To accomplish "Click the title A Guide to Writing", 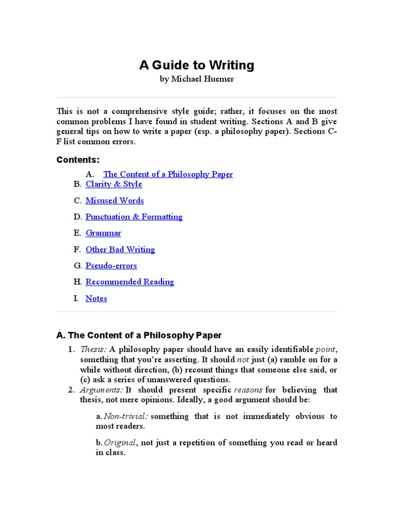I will pyautogui.click(x=196, y=65).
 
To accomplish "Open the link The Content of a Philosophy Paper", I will pyautogui.click(x=168, y=174).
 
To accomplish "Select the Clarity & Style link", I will pyautogui.click(x=114, y=184).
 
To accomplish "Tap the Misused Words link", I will pyautogui.click(x=114, y=200).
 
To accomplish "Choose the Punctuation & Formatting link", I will pyautogui.click(x=134, y=217).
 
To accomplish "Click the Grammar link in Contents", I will pyautogui.click(x=103, y=233).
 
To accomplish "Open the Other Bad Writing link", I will pyautogui.click(x=120, y=249).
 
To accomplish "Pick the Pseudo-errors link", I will pyautogui.click(x=111, y=266).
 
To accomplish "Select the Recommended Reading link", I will pyautogui.click(x=130, y=281).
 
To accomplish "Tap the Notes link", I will pyautogui.click(x=96, y=298).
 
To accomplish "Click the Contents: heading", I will pyautogui.click(x=78, y=160).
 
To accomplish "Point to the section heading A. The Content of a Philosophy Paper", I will pyautogui.click(x=139, y=335).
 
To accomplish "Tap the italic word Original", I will pyautogui.click(x=120, y=442).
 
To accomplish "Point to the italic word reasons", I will pyautogui.click(x=248, y=390).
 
